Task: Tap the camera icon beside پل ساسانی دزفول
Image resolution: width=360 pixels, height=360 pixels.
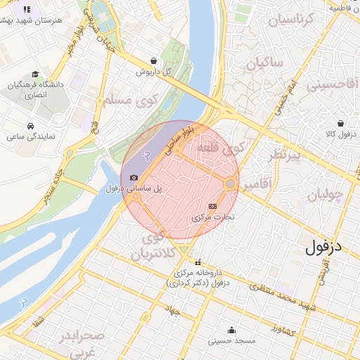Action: pos(134,178)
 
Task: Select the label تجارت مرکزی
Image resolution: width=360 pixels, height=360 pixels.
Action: pos(212,217)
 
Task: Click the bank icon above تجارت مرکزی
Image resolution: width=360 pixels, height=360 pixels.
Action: pos(212,206)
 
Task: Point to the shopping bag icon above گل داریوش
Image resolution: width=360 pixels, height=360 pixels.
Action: pos(153,60)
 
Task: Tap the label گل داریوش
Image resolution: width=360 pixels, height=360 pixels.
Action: pos(153,72)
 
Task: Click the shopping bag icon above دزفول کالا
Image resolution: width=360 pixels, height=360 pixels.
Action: pos(341,123)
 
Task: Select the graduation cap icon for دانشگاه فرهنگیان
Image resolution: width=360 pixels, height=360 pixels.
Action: pos(35,74)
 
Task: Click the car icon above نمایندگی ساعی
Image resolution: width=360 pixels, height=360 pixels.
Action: pos(31,126)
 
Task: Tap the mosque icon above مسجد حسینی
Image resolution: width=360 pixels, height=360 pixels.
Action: pos(231,330)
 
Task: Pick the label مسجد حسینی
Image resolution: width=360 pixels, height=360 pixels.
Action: pos(231,341)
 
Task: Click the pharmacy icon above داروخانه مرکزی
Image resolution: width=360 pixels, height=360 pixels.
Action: pos(198,263)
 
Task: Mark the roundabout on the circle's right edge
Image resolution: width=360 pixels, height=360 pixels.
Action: pos(230,184)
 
